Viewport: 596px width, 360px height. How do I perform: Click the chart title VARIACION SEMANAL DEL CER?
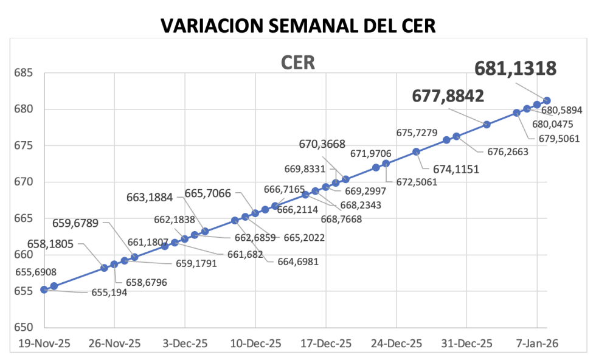pos(298,26)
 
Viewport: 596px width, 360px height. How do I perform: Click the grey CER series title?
pos(297,63)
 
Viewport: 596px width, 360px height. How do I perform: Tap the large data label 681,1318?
pos(515,69)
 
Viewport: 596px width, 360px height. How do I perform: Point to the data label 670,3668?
pos(322,144)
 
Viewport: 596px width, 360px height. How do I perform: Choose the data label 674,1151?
pos(456,170)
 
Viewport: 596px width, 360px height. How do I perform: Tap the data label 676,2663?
pos(508,152)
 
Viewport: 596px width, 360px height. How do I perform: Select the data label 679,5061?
pos(559,138)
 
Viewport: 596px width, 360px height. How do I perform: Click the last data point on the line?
pos(547,100)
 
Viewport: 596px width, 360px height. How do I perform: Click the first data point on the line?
pos(44,289)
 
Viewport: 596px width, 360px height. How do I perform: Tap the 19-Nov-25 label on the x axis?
pos(44,344)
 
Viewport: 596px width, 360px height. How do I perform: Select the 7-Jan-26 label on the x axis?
pos(537,344)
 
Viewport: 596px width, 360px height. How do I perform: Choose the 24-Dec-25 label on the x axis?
pos(396,344)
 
